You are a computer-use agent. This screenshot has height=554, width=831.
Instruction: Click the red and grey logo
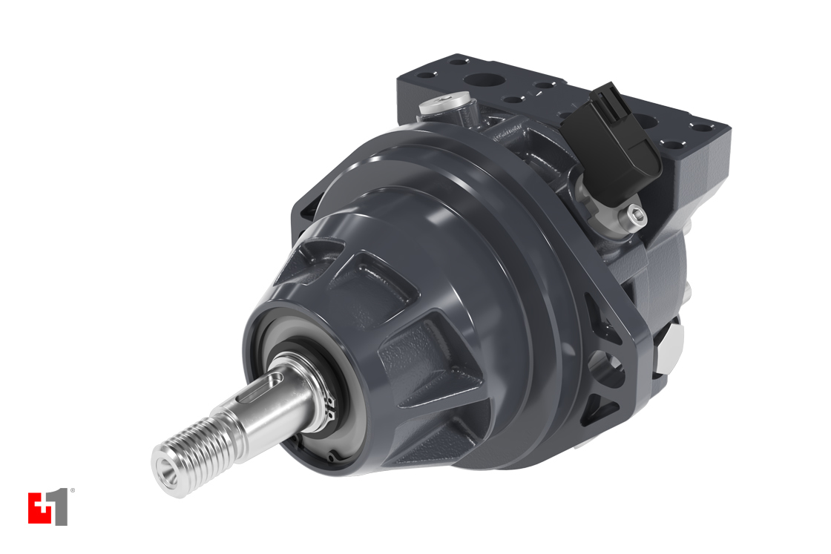(x=47, y=508)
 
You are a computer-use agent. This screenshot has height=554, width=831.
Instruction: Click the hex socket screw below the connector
(x=634, y=215)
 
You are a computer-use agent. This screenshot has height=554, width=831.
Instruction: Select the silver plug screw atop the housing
(x=445, y=103)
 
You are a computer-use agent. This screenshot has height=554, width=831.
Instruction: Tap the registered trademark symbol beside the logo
(x=72, y=491)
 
